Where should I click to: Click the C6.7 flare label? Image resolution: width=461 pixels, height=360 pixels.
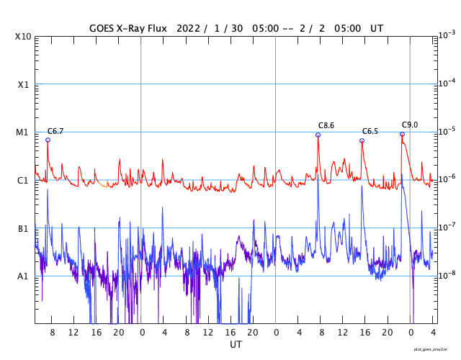pyautogui.click(x=55, y=131)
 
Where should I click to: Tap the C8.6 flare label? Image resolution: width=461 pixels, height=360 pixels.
pyautogui.click(x=326, y=125)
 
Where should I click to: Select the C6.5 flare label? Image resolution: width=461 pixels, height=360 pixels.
pyautogui.click(x=370, y=131)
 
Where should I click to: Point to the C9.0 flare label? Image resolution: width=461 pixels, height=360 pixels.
pyautogui.click(x=410, y=125)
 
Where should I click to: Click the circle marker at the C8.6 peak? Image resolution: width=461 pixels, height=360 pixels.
pyautogui.click(x=318, y=135)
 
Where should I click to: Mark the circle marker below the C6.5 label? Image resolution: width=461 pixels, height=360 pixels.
pyautogui.click(x=362, y=140)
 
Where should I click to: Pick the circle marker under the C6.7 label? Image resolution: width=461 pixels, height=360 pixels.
pyautogui.click(x=48, y=140)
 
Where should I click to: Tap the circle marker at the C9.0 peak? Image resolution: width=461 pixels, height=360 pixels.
pyautogui.click(x=402, y=134)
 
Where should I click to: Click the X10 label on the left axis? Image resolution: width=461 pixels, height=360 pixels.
pyautogui.click(x=23, y=37)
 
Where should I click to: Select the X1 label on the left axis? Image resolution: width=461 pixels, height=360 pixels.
pyautogui.click(x=23, y=84)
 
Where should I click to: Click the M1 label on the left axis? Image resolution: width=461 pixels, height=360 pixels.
pyautogui.click(x=23, y=132)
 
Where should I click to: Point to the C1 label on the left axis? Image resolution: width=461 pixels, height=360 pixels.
pyautogui.click(x=23, y=180)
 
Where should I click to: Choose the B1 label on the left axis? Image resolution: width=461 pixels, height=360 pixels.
pyautogui.click(x=23, y=228)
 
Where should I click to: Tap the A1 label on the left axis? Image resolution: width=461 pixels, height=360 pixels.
pyautogui.click(x=23, y=276)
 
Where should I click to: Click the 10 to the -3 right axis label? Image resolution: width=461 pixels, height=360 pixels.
pyautogui.click(x=446, y=35)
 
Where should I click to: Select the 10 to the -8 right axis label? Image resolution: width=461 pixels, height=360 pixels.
pyautogui.click(x=446, y=275)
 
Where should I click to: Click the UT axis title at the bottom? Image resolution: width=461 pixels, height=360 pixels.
pyautogui.click(x=236, y=345)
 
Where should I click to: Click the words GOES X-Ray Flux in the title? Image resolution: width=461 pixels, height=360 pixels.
pyautogui.click(x=128, y=28)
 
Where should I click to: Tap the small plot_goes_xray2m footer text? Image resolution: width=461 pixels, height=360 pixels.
pyautogui.click(x=435, y=350)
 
